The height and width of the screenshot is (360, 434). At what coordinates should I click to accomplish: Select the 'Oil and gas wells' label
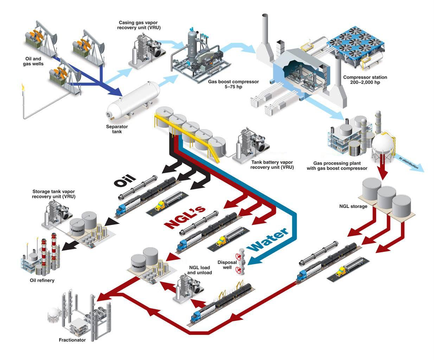[x=34, y=61]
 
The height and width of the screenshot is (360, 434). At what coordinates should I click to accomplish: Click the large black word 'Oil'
[x=125, y=180]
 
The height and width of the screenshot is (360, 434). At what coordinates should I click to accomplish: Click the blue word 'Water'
[x=268, y=239]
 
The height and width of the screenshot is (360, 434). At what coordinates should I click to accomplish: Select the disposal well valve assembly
[x=241, y=262]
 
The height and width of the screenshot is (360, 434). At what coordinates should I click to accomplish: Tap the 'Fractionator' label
[x=72, y=340]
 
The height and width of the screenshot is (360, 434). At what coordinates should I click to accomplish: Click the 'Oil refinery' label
[x=42, y=280]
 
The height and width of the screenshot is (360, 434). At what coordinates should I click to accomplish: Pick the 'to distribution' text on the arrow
[x=409, y=163]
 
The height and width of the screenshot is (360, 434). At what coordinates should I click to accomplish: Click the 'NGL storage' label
[x=353, y=206]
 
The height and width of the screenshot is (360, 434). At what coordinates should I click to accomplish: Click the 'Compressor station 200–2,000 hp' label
[x=365, y=80]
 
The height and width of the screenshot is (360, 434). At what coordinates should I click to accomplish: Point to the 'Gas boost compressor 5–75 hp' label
[x=233, y=84]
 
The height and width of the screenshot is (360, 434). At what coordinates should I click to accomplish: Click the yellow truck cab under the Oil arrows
[x=160, y=206]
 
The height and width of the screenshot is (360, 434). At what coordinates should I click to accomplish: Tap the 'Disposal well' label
[x=227, y=265]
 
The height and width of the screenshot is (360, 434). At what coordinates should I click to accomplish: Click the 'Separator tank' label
[x=117, y=129]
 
